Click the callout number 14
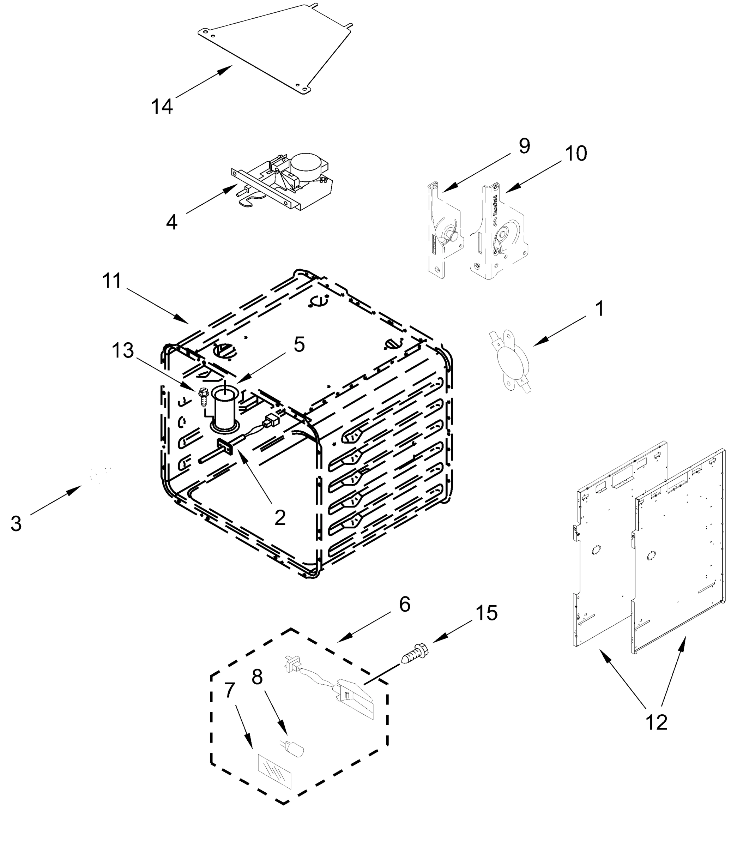[x=162, y=107]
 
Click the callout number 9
[x=524, y=146]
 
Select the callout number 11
[x=112, y=281]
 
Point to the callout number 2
[x=279, y=518]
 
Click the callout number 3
[x=16, y=524]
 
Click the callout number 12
[x=657, y=722]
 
